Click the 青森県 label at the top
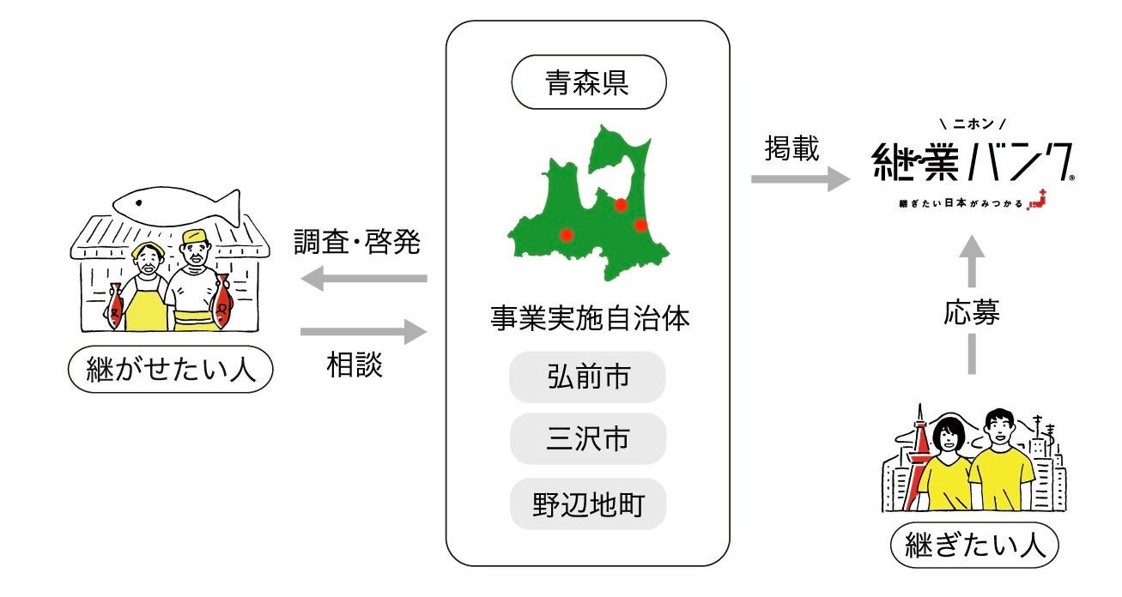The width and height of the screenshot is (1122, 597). click(x=587, y=82)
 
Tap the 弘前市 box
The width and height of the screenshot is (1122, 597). click(x=587, y=377)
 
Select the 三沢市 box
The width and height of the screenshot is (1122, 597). click(x=587, y=438)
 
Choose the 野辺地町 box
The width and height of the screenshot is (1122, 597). click(x=587, y=504)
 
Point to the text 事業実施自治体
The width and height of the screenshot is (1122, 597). click(x=587, y=319)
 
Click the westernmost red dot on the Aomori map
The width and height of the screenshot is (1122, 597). click(x=567, y=234)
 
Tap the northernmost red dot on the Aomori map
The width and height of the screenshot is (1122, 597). click(x=621, y=204)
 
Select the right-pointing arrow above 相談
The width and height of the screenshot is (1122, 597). click(x=364, y=331)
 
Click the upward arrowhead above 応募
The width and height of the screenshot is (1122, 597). click(x=972, y=249)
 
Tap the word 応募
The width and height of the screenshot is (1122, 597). click(x=972, y=314)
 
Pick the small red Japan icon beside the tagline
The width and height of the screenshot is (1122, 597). click(x=1039, y=199)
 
